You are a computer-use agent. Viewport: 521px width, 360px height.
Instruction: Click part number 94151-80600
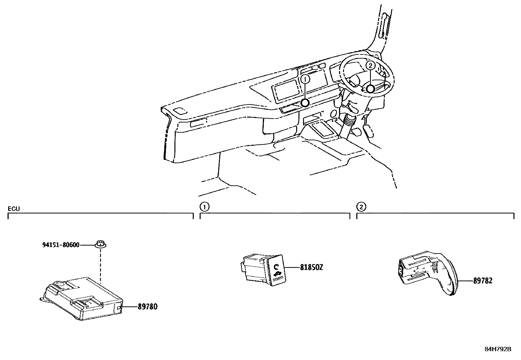61,245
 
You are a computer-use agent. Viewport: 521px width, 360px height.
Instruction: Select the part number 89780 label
147,307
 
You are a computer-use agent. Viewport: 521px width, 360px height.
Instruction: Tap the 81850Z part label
312,267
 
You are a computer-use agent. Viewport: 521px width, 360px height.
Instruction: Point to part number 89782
482,281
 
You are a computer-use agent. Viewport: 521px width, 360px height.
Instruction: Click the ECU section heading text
14,209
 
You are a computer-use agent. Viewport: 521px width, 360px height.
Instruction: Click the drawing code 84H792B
497,349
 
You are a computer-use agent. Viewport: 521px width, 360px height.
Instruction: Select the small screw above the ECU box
101,244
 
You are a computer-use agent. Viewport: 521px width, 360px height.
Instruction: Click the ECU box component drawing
83,298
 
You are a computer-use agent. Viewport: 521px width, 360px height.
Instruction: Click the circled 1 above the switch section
204,207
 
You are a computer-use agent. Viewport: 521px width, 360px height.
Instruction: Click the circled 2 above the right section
361,207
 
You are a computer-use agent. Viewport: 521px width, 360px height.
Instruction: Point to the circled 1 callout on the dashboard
305,79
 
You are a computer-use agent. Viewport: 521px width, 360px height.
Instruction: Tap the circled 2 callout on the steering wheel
370,66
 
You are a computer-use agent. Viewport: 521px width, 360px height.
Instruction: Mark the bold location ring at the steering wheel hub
370,89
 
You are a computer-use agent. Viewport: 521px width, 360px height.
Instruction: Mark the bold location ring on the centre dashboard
305,103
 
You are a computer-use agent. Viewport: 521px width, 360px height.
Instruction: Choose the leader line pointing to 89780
129,307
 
